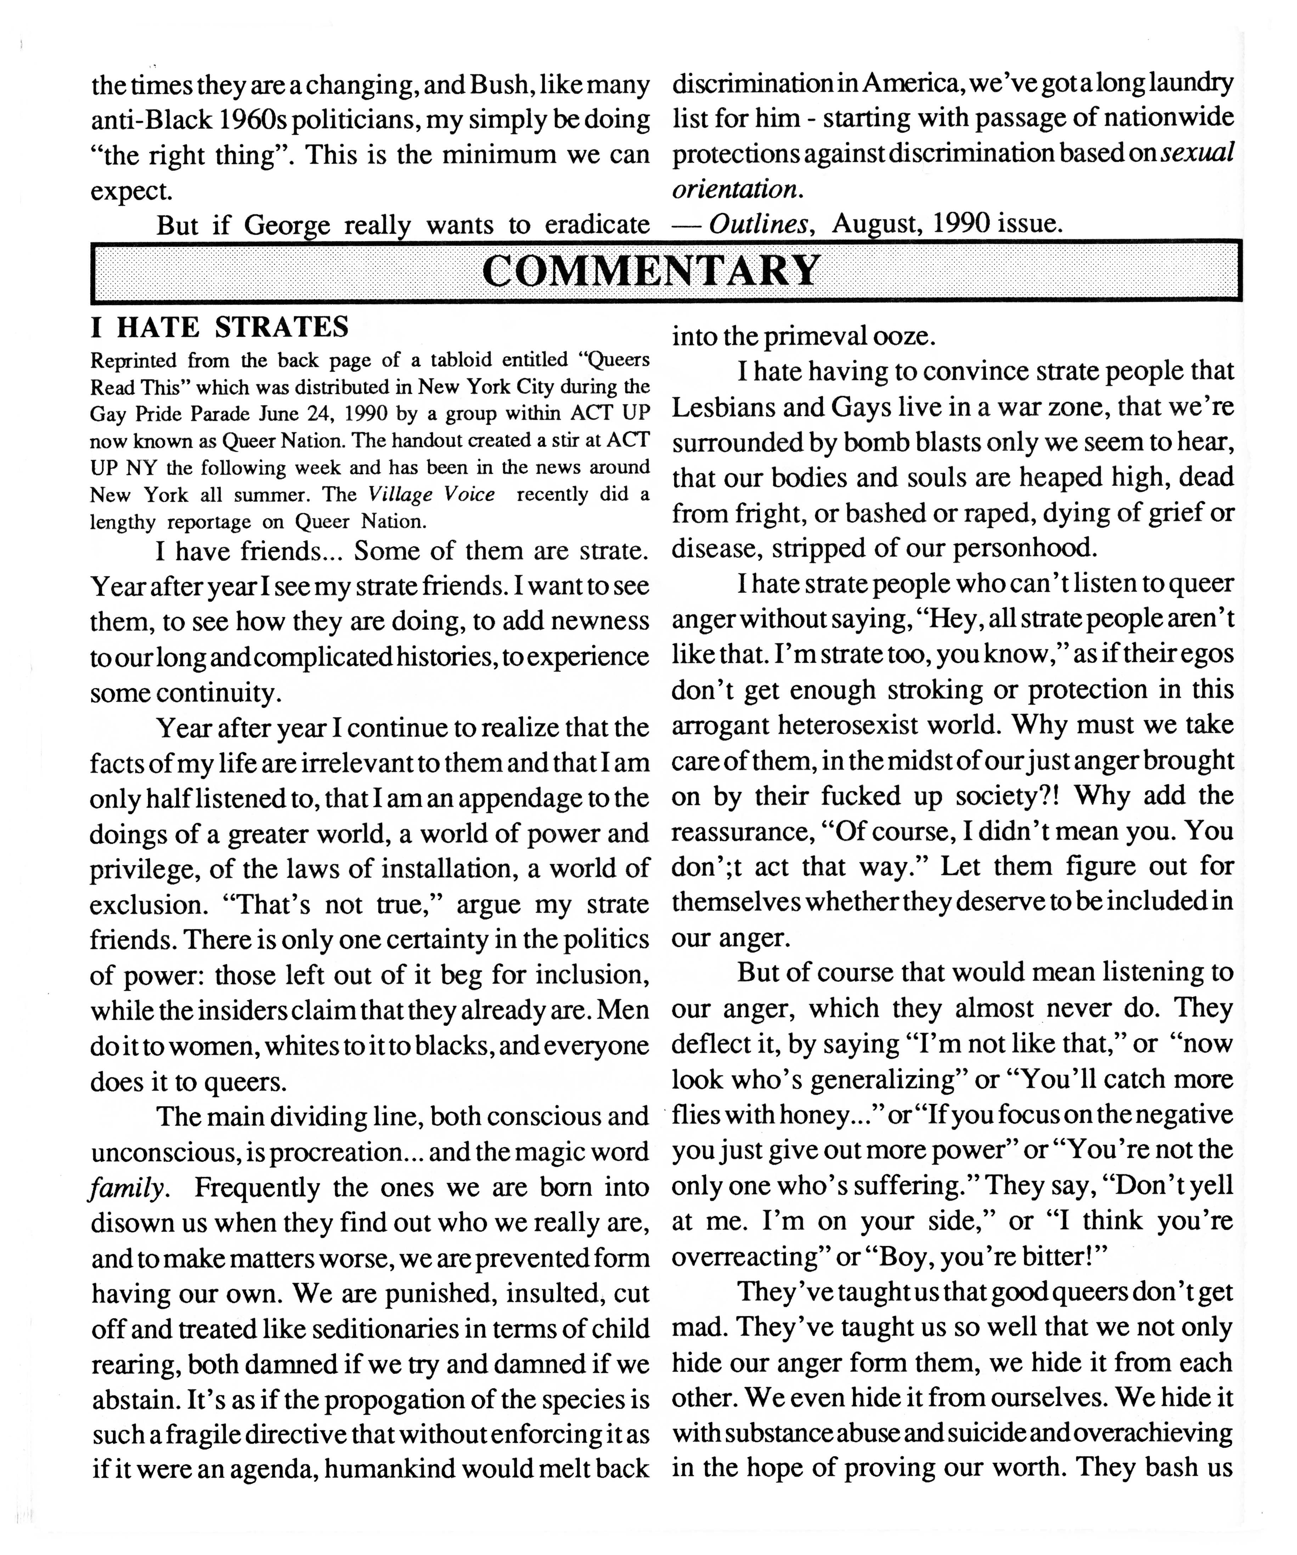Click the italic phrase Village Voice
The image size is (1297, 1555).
click(432, 495)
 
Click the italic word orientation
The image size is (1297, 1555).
click(735, 190)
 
